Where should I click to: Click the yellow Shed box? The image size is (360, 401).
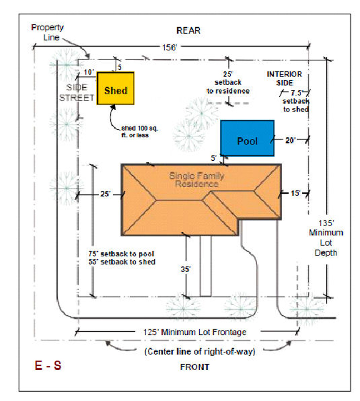click(x=115, y=88)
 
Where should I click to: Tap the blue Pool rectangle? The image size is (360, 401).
click(x=247, y=138)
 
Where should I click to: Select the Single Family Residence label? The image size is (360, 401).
click(x=196, y=180)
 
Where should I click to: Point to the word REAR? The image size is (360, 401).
click(x=188, y=31)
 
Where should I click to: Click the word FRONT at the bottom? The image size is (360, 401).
click(x=194, y=367)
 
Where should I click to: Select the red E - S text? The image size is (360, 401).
click(x=48, y=366)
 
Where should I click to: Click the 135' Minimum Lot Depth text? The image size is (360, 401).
click(x=326, y=237)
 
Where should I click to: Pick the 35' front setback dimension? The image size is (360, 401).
click(x=185, y=269)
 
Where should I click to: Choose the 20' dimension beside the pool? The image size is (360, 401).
click(x=291, y=140)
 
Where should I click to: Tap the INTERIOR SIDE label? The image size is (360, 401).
click(x=284, y=78)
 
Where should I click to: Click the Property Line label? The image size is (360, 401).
click(x=48, y=31)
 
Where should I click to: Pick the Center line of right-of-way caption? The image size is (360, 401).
click(x=199, y=351)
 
